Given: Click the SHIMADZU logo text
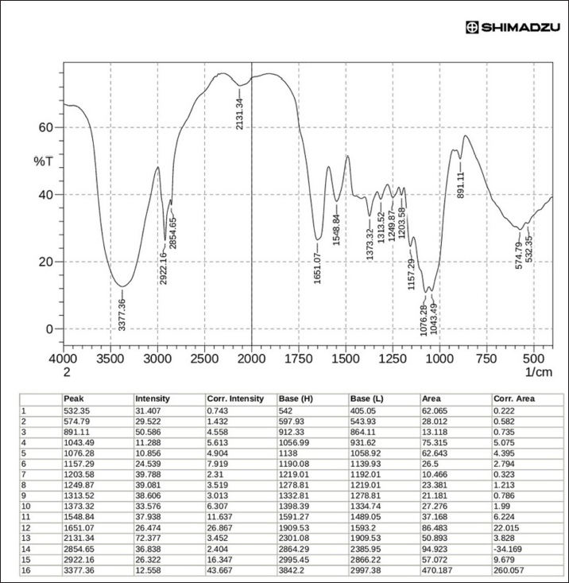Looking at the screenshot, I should [516, 27].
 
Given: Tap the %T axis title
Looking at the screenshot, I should [43, 161].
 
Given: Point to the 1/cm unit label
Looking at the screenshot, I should [537, 371].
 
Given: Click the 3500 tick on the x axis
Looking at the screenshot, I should [110, 359].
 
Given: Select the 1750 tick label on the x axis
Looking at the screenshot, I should [298, 359].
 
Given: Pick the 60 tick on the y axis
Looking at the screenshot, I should [45, 127].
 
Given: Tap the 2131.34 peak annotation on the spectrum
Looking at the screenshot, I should [240, 111].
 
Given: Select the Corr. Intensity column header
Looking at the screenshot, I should [235, 398].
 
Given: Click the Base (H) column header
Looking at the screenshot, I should [295, 398].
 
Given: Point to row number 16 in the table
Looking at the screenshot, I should [27, 569].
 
